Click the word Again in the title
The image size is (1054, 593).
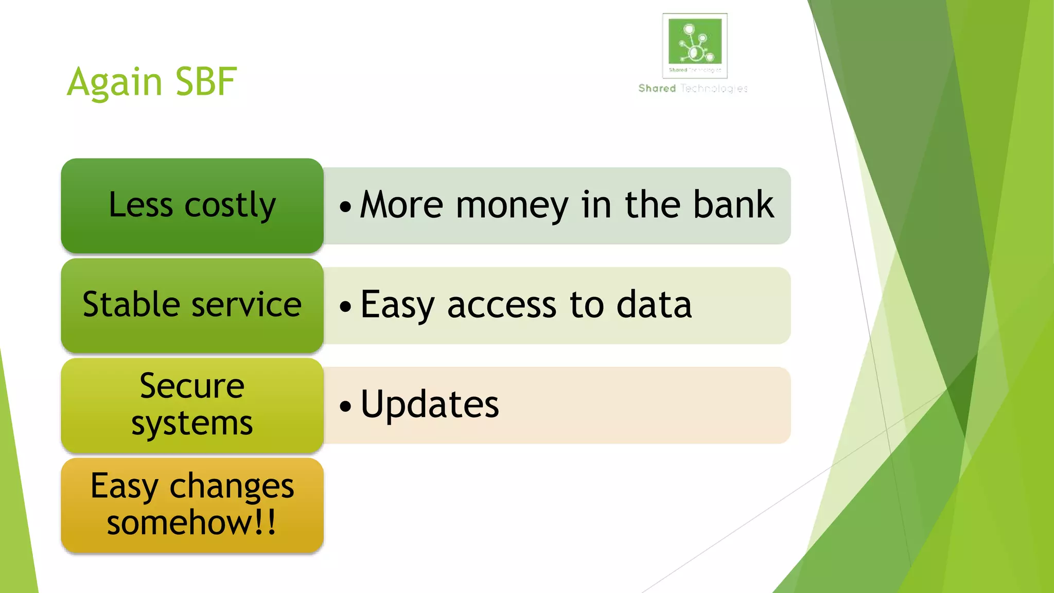click(115, 82)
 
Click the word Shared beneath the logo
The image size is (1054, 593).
click(657, 89)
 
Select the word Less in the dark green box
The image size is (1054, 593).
click(140, 204)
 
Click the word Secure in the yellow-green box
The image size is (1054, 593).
click(192, 386)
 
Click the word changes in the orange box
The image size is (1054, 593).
click(232, 486)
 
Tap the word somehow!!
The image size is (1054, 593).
click(192, 522)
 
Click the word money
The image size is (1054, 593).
click(512, 205)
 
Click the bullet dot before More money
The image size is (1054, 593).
click(345, 207)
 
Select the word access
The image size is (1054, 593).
click(502, 305)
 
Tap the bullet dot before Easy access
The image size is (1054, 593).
click(345, 307)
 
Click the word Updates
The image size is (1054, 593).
click(430, 405)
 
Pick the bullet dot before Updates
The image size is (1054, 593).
click(345, 406)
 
